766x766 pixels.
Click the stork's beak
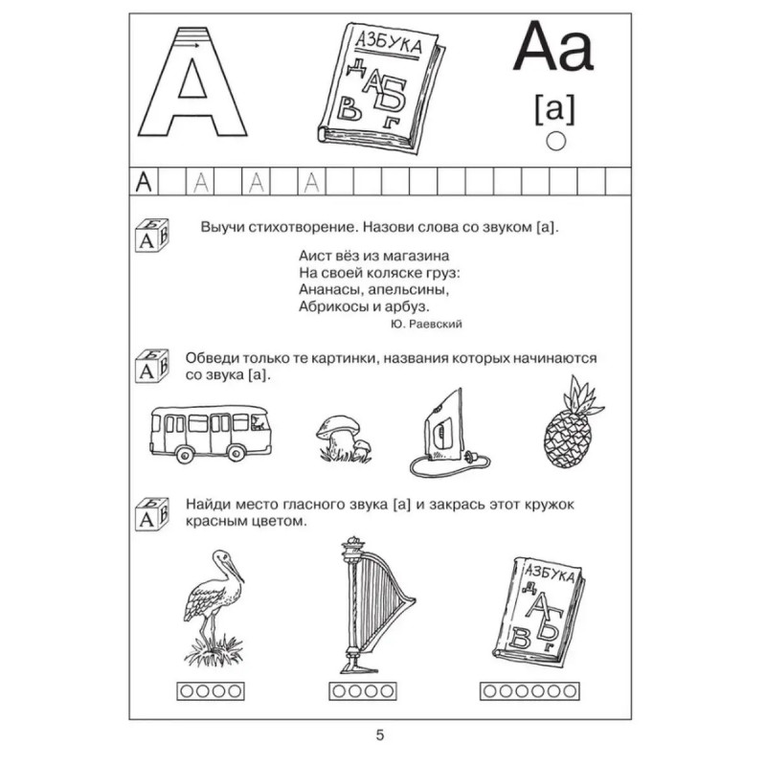tap(236, 571)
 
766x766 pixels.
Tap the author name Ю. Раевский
tap(427, 325)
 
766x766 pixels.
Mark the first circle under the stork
tap(187, 688)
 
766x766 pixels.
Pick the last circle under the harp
tap(394, 688)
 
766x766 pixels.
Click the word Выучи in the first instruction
tap(221, 229)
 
